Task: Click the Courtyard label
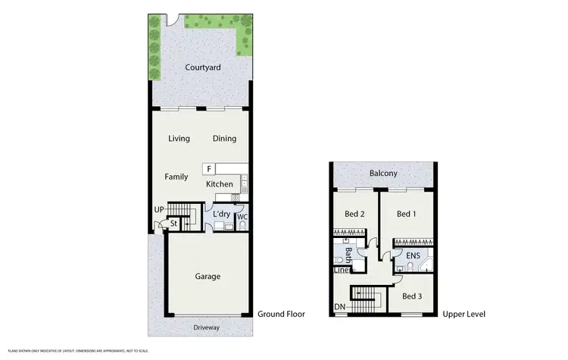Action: point(203,67)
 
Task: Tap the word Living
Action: point(179,138)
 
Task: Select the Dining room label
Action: point(224,138)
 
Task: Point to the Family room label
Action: point(176,177)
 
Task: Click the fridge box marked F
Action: point(209,167)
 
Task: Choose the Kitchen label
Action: point(220,184)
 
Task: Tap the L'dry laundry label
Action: point(221,214)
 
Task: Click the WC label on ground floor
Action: point(242,218)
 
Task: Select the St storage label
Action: point(173,224)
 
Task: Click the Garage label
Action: point(207,276)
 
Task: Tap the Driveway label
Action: point(206,327)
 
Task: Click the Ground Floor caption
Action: point(282,314)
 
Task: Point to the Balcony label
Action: point(383,174)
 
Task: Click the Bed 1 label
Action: point(406,214)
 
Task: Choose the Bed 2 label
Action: point(355,214)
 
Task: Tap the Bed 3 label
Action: point(413,296)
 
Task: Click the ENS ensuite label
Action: point(413,256)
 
